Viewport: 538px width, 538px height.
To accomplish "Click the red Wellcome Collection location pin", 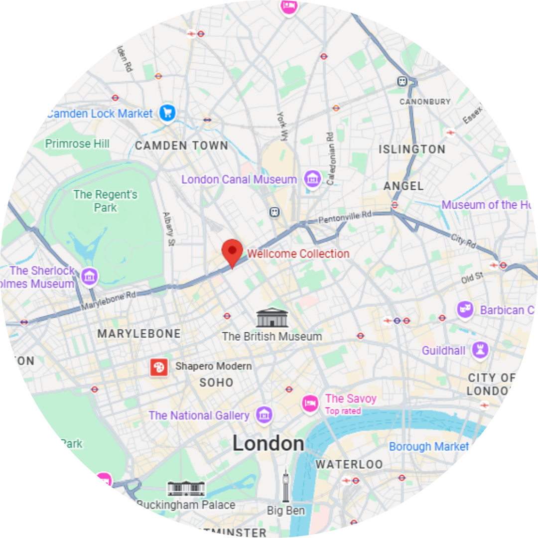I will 232,250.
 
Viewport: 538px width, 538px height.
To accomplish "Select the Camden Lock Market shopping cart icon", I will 167,113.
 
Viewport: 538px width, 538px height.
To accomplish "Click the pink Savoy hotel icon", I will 310,402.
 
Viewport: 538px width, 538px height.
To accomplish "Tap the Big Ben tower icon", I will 286,486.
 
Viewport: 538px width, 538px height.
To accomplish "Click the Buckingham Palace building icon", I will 186,488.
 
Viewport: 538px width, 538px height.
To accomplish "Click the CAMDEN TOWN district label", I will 181,146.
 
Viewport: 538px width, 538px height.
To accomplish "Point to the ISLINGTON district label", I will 412,149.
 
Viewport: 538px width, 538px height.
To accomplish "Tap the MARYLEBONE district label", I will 139,334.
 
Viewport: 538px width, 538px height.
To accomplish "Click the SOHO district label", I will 216,383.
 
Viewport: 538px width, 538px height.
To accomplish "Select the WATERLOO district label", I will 349,464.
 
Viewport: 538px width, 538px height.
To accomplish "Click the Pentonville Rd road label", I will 345,217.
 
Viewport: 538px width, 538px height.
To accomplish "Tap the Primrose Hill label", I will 77,144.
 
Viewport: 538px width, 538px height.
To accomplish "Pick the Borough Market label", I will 428,446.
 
